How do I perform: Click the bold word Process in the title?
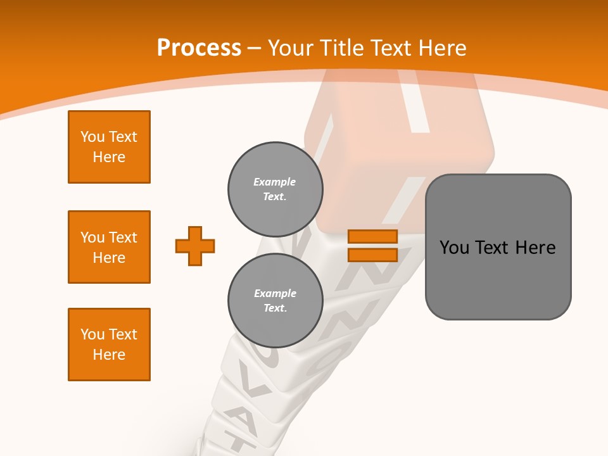pyautogui.click(x=199, y=48)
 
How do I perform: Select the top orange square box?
pyautogui.click(x=109, y=147)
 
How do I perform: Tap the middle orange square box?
pyautogui.click(x=109, y=247)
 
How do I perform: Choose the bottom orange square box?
pyautogui.click(x=109, y=345)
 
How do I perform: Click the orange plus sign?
pyautogui.click(x=195, y=246)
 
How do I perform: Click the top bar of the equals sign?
pyautogui.click(x=372, y=237)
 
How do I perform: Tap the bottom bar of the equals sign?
pyautogui.click(x=372, y=255)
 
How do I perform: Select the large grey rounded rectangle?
pyautogui.click(x=498, y=247)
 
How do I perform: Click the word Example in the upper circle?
pyautogui.click(x=274, y=182)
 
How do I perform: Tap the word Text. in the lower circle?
pyautogui.click(x=275, y=308)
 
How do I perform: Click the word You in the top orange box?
pyautogui.click(x=91, y=137)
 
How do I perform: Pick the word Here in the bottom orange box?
pyautogui.click(x=109, y=355)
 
